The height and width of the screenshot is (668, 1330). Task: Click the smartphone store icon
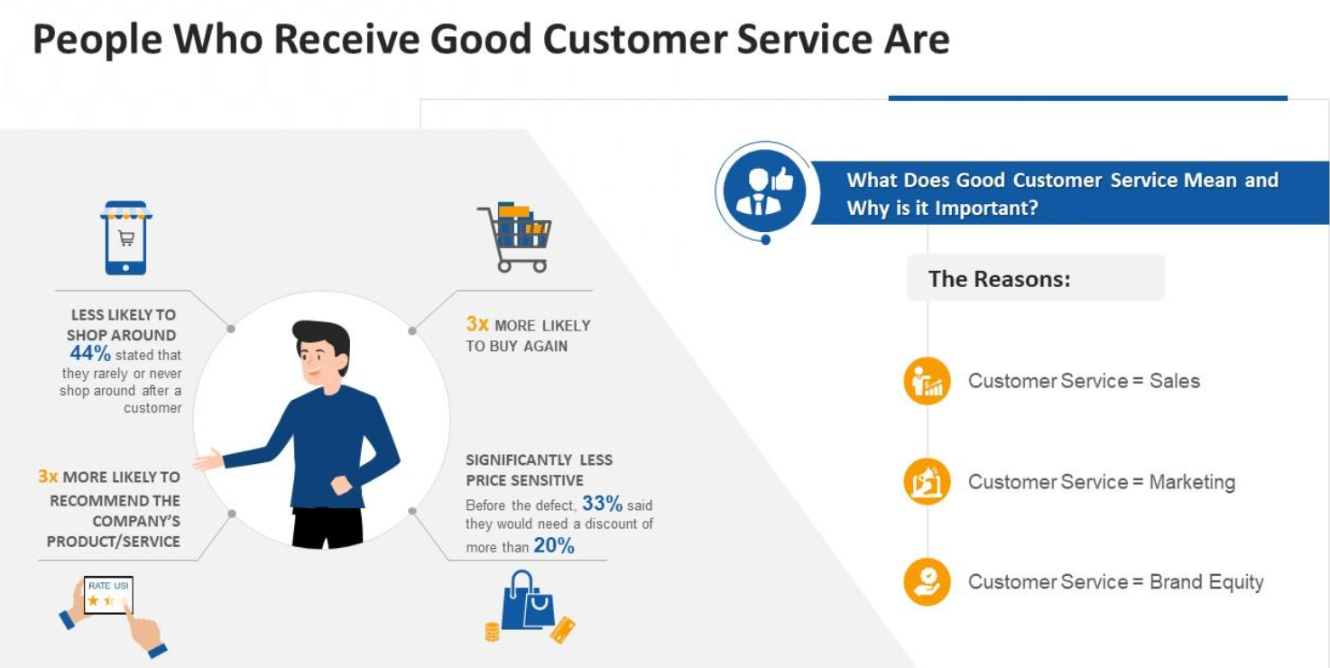click(125, 237)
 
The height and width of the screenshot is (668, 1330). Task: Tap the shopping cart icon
click(514, 237)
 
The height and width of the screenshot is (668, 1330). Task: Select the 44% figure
click(89, 354)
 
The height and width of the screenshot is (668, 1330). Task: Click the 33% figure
click(602, 504)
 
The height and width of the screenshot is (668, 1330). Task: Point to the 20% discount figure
click(553, 545)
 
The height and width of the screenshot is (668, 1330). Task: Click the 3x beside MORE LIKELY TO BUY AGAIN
click(477, 324)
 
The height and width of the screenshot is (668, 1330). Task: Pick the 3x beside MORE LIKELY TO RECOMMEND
click(48, 477)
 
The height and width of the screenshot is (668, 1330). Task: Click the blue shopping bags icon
click(529, 603)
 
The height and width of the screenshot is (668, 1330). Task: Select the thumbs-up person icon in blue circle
click(764, 190)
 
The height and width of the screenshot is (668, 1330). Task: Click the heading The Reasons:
click(999, 279)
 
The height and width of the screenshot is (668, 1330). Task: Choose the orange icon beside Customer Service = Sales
click(927, 381)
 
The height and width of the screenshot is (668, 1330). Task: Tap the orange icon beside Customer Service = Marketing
click(927, 482)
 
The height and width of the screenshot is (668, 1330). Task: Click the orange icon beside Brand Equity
click(927, 582)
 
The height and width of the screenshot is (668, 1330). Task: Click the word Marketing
click(1191, 482)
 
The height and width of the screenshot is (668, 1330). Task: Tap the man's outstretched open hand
click(208, 460)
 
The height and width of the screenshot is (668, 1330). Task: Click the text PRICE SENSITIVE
click(524, 480)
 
